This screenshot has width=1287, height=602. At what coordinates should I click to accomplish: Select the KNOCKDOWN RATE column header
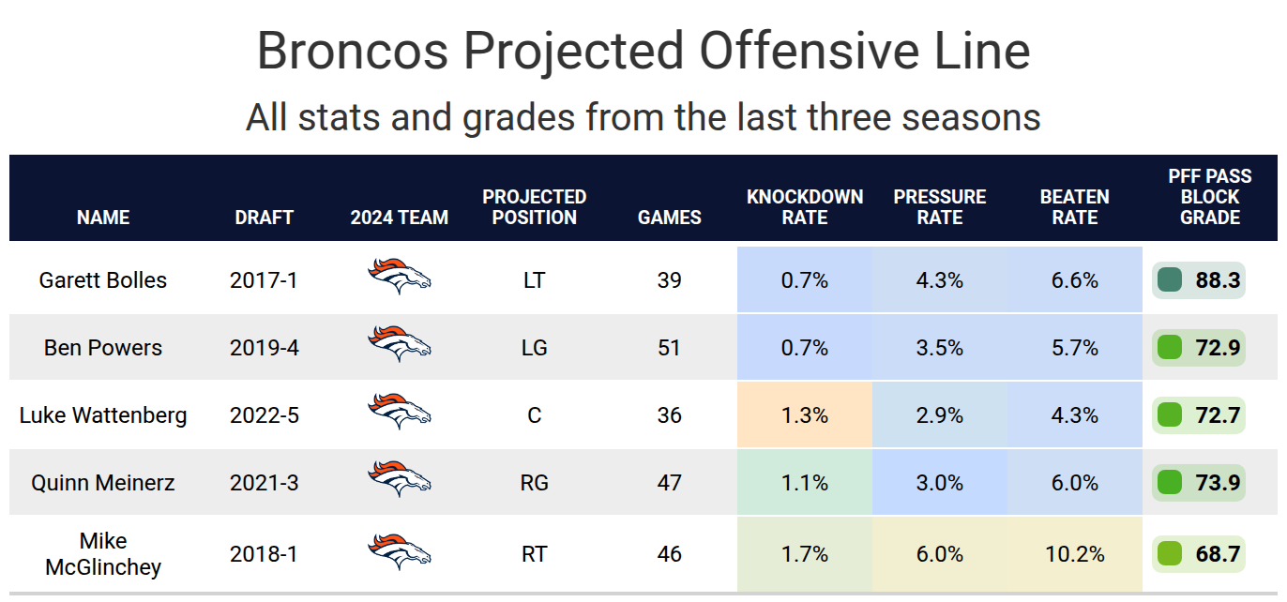[805, 207]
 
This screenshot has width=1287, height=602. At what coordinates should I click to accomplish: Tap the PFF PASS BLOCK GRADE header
[1210, 197]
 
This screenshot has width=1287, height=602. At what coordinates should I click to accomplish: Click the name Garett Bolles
[103, 279]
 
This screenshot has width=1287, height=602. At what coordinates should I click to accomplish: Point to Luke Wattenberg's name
[103, 414]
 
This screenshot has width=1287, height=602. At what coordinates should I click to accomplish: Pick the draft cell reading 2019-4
[264, 347]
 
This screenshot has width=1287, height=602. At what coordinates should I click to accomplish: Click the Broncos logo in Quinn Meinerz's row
[400, 480]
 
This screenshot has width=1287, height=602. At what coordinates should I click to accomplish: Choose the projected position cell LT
[534, 279]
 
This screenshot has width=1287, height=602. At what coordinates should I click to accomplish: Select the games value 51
[669, 347]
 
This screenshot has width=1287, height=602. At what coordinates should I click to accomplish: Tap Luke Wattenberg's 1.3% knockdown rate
[804, 414]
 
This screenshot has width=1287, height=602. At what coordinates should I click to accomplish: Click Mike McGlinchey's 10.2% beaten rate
[1074, 553]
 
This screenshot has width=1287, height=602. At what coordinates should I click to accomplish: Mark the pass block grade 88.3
[1218, 279]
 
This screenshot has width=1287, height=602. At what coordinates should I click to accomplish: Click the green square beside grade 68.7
[1169, 553]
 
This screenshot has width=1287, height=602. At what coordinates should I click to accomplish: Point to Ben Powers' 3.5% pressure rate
[939, 347]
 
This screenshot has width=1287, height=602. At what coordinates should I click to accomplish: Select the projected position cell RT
[534, 553]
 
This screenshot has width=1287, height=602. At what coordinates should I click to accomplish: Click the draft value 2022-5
[264, 414]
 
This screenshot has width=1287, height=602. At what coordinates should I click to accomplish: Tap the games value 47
[669, 482]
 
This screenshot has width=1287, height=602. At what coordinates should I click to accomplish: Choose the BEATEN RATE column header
[1074, 207]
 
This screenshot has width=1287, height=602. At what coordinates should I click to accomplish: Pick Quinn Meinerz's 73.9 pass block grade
[1218, 482]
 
